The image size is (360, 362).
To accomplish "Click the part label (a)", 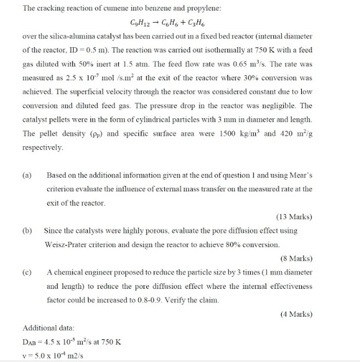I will tap(28, 175).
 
